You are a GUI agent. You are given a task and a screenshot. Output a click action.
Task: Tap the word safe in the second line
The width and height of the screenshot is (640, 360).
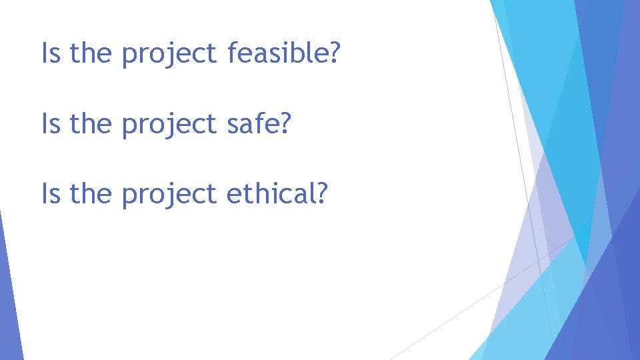point(253,124)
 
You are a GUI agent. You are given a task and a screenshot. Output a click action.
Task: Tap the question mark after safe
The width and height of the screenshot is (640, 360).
point(286,124)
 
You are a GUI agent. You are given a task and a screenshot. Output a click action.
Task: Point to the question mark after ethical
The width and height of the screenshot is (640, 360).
point(322,194)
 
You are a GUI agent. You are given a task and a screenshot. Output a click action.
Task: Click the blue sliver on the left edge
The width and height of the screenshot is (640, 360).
point(8,300)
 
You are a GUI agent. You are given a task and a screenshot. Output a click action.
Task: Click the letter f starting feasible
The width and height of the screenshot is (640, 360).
point(232,53)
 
